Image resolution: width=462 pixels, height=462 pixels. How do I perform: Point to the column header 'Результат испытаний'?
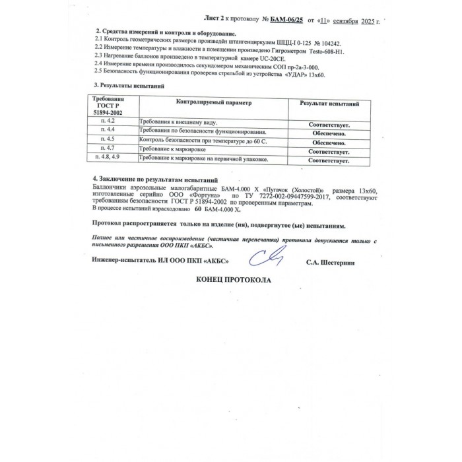[x=329, y=104]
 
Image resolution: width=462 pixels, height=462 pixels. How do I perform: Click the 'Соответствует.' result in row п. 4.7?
[x=329, y=151]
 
